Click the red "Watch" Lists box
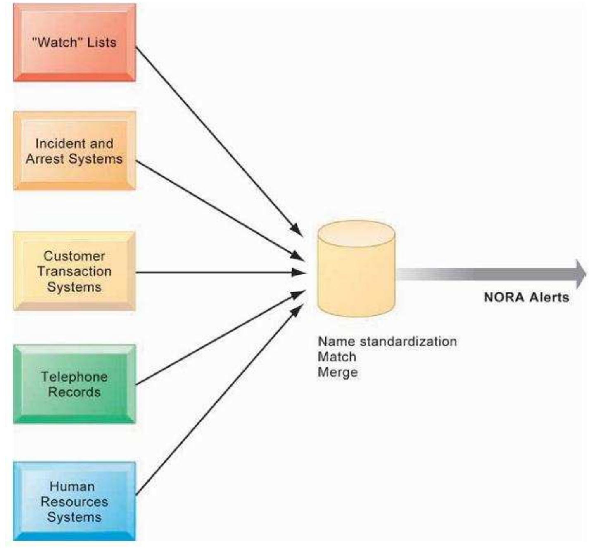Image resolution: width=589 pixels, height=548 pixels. pyautogui.click(x=74, y=43)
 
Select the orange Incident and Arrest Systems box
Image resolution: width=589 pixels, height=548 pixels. pyautogui.click(x=74, y=151)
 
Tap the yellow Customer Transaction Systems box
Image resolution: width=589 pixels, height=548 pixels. pyautogui.click(x=74, y=271)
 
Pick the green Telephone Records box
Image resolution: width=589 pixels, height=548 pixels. pyautogui.click(x=74, y=384)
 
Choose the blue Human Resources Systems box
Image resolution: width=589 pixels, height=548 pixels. pyautogui.click(x=74, y=501)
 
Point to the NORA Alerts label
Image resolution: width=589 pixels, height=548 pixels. pyautogui.click(x=526, y=297)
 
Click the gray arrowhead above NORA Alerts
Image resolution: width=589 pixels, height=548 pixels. pyautogui.click(x=580, y=274)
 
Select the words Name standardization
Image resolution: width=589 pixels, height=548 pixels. pyautogui.click(x=387, y=342)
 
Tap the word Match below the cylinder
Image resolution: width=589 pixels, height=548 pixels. pyautogui.click(x=337, y=357)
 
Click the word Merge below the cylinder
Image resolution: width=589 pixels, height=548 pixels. pyautogui.click(x=337, y=372)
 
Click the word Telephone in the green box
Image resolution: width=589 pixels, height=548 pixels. pyautogui.click(x=74, y=377)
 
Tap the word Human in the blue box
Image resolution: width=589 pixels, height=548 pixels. pyautogui.click(x=72, y=486)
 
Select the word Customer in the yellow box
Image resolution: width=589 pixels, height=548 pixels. pyautogui.click(x=74, y=256)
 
